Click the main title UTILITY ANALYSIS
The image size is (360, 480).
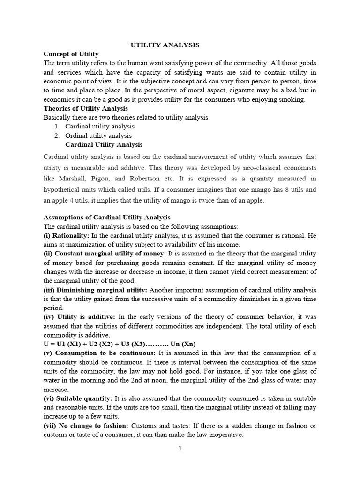point(165,45)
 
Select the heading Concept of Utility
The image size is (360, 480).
point(71,54)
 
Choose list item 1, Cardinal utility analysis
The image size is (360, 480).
point(99,126)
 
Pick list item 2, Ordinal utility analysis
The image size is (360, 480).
point(98,135)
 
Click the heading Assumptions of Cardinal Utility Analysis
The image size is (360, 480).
point(107,217)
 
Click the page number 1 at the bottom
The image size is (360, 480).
point(180,448)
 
